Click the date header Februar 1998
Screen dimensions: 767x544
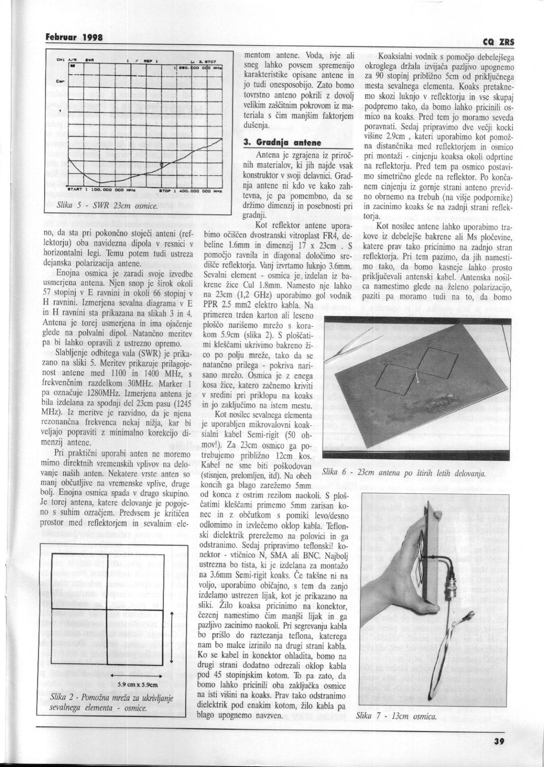pyautogui.click(x=73, y=37)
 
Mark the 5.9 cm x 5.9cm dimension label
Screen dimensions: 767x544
pyautogui.click(x=137, y=684)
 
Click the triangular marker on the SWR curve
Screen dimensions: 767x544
pyautogui.click(x=161, y=165)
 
